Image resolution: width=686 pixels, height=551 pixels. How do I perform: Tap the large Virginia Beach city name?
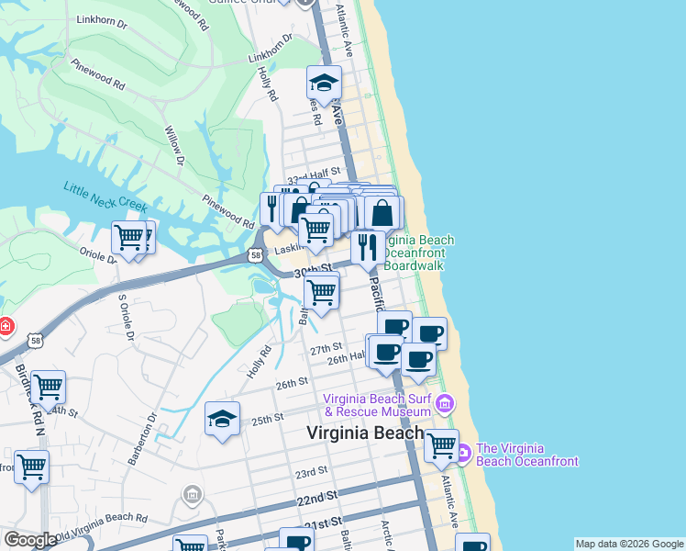click(x=365, y=433)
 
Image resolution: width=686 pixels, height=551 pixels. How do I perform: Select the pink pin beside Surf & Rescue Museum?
click(x=445, y=403)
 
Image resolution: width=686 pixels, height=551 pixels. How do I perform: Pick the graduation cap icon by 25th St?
click(x=223, y=419)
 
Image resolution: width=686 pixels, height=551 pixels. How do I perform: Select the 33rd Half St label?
click(x=314, y=172)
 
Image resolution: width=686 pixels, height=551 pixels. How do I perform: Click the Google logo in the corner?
click(x=30, y=540)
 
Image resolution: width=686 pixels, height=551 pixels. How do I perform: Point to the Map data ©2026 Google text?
click(x=628, y=544)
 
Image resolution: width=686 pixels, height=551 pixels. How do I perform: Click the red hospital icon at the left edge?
click(x=5, y=326)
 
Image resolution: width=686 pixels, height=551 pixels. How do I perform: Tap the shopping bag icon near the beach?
click(x=382, y=213)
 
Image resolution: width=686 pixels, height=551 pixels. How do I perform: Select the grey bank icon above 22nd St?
click(x=192, y=497)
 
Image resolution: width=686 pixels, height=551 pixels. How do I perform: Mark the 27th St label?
click(x=325, y=350)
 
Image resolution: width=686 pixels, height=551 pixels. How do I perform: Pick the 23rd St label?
click(x=311, y=472)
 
